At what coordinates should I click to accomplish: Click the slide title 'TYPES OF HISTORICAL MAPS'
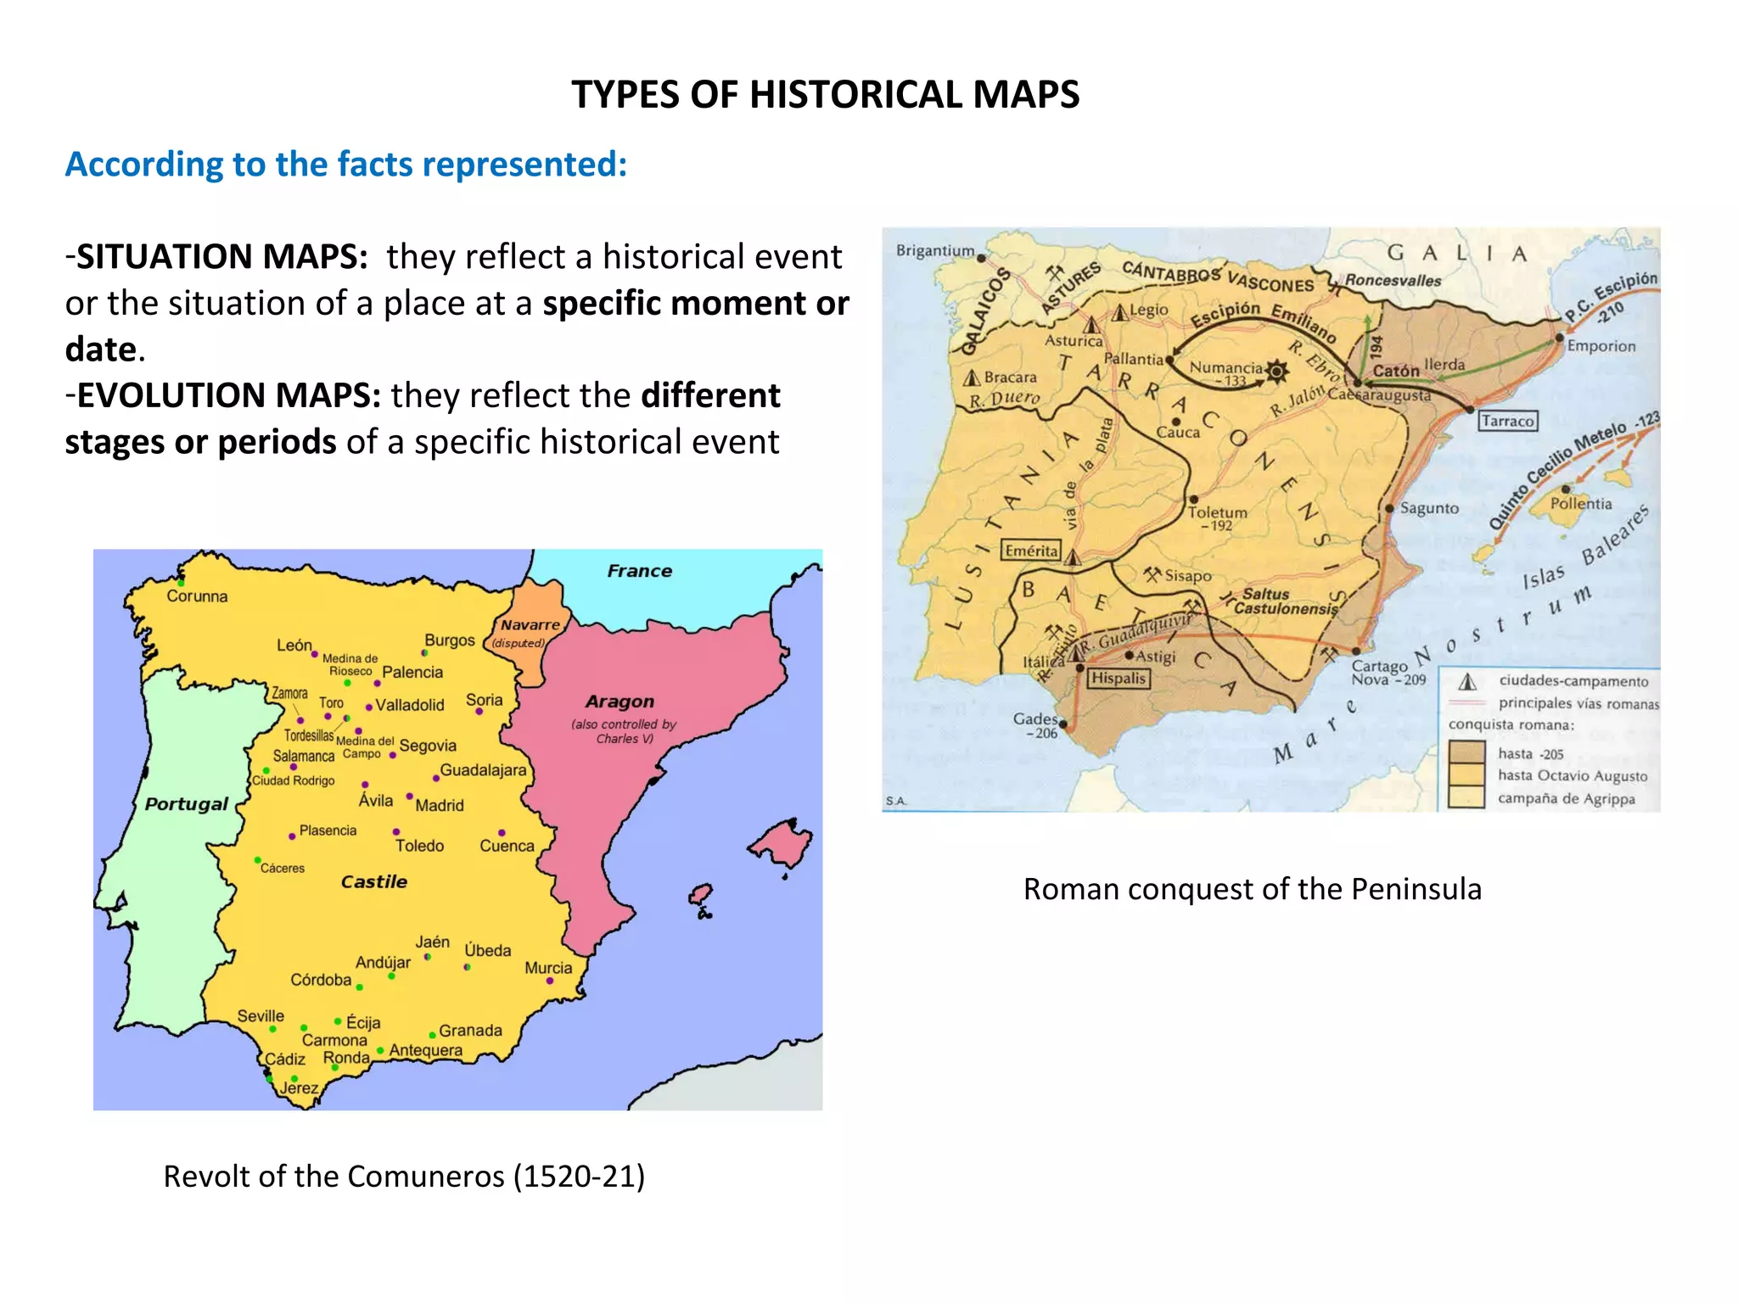(x=825, y=94)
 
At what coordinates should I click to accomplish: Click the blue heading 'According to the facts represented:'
(x=346, y=164)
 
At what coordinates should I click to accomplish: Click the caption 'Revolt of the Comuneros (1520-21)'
(x=404, y=1177)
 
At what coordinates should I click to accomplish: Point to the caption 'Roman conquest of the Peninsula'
(x=1252, y=888)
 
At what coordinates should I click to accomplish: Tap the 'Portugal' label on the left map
(x=186, y=804)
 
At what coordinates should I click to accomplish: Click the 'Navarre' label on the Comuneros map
(x=530, y=624)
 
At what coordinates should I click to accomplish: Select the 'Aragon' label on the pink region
(x=620, y=702)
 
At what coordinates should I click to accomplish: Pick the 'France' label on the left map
(x=639, y=571)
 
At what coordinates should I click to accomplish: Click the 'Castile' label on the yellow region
(x=373, y=881)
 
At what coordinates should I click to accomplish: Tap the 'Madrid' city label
(x=439, y=805)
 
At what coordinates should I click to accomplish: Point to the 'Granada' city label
(x=470, y=1030)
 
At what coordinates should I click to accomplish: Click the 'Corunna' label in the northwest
(x=197, y=596)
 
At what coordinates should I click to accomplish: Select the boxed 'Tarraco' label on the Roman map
(x=1507, y=421)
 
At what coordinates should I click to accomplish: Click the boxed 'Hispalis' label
(x=1118, y=678)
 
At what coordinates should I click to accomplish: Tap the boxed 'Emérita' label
(x=1031, y=551)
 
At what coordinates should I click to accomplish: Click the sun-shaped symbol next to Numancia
(x=1276, y=371)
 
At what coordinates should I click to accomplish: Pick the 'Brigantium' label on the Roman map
(x=935, y=250)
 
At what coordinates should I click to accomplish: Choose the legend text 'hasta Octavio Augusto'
(x=1572, y=775)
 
